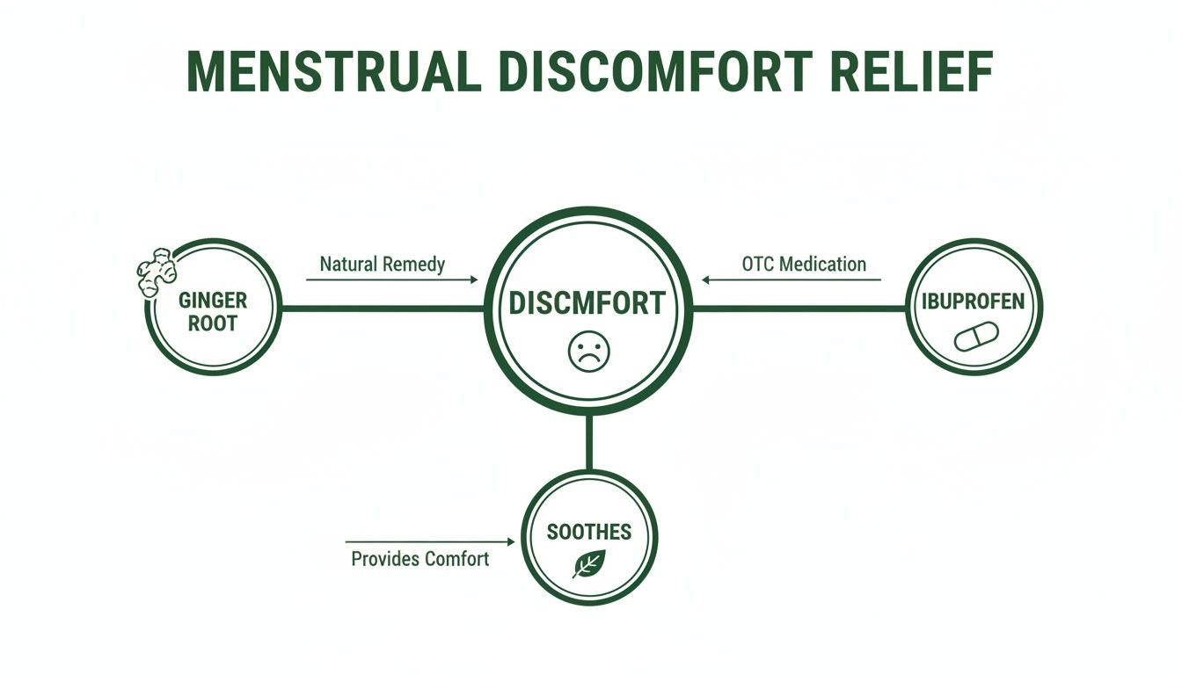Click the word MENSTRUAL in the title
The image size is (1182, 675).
pos(333,72)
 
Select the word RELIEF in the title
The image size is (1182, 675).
pos(912,72)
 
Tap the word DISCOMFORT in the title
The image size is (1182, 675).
pos(655,72)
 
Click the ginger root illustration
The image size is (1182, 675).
pos(157,272)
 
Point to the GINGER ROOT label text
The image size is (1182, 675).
pos(213,312)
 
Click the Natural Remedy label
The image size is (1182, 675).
pos(383,265)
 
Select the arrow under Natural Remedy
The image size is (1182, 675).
pos(392,280)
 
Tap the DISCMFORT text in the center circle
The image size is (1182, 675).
pos(587,303)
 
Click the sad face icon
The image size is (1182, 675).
pos(589,352)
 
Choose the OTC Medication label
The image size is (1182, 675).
pos(804,265)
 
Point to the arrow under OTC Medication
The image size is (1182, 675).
pos(791,280)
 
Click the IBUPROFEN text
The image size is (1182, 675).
pos(973,301)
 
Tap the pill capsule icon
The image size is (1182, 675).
pos(976,337)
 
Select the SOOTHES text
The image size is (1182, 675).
pos(589,532)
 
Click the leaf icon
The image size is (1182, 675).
pos(589,563)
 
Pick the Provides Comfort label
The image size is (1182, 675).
pos(420,559)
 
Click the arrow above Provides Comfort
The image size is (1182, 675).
pos(430,541)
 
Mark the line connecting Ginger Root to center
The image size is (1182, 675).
pos(383,308)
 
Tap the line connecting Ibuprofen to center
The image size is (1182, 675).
pos(799,308)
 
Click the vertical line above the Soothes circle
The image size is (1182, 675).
pos(589,442)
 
